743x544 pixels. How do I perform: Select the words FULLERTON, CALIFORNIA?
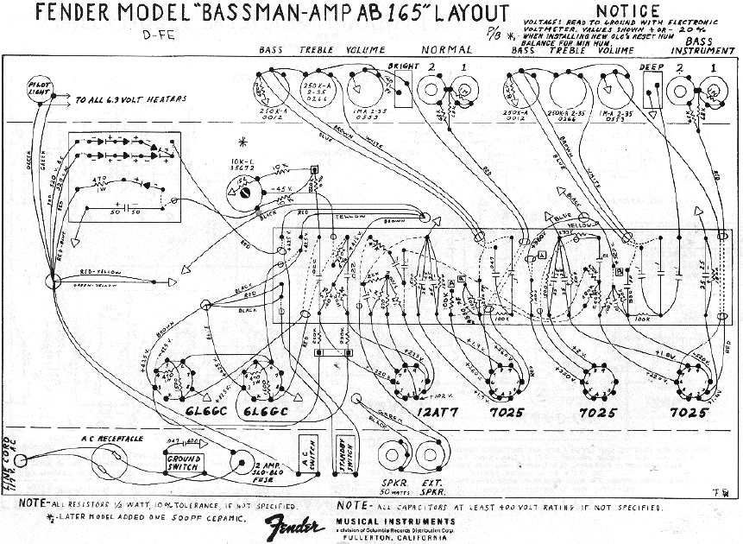(409, 535)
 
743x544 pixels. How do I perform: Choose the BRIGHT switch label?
(403, 66)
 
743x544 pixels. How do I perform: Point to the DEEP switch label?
(651, 66)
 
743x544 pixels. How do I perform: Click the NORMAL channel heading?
(446, 49)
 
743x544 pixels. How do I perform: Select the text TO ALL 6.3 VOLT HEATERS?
(130, 100)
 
